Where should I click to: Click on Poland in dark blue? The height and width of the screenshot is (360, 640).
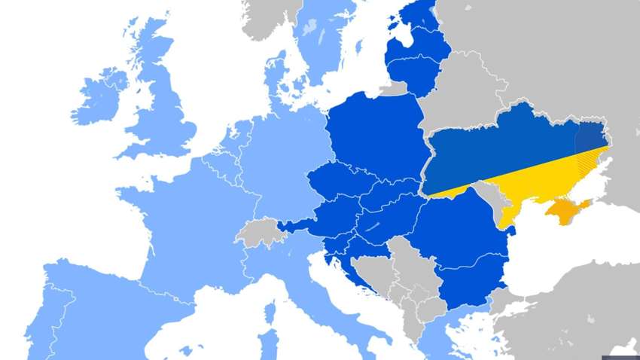click(x=376, y=136)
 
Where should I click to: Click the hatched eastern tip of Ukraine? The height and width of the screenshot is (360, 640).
click(x=591, y=147)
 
